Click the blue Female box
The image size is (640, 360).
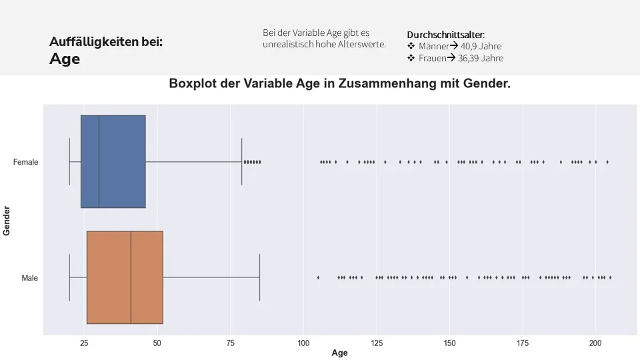(x=113, y=161)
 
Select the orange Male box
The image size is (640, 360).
(x=125, y=277)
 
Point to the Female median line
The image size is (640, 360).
(x=99, y=161)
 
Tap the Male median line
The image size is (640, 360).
(x=131, y=277)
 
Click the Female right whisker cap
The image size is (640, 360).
(x=241, y=161)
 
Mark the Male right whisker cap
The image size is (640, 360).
(x=259, y=277)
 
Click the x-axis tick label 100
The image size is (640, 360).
(x=303, y=343)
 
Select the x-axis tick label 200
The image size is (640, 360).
(x=595, y=343)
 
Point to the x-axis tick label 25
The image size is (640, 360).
(x=84, y=343)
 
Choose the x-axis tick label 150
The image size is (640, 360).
(x=449, y=343)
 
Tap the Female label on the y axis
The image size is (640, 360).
(x=25, y=162)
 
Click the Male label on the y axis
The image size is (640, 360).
(x=29, y=278)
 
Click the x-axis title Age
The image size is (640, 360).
(x=339, y=353)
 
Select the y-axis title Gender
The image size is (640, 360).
(x=6, y=221)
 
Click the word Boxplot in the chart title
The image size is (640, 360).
(x=193, y=84)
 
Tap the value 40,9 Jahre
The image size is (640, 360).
(x=481, y=46)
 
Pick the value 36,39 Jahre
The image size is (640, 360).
(x=481, y=59)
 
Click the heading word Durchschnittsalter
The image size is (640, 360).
(x=445, y=35)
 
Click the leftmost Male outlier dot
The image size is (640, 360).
(x=319, y=277)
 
